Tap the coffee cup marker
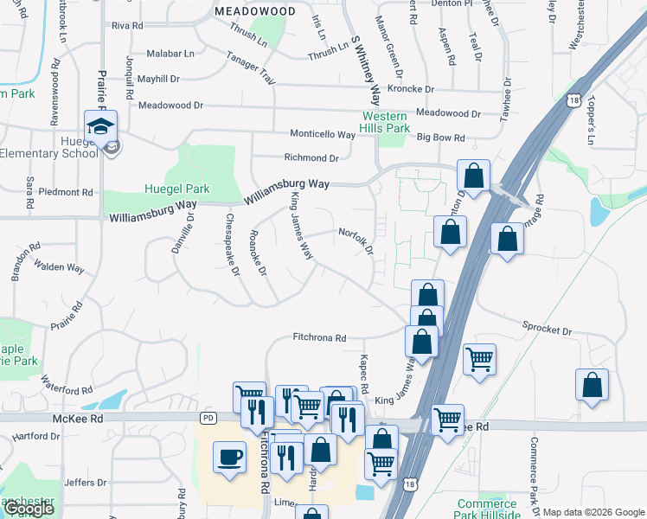(x=229, y=455)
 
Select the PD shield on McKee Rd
(x=208, y=418)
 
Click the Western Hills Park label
(x=385, y=122)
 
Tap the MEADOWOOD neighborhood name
(x=254, y=11)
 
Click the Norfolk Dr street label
(x=356, y=240)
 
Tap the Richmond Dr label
(x=311, y=158)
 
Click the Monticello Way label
(x=322, y=136)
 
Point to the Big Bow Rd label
(x=440, y=138)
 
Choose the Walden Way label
(x=61, y=268)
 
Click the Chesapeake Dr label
(x=232, y=245)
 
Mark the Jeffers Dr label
(x=85, y=482)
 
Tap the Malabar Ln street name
(x=170, y=54)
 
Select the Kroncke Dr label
(x=411, y=89)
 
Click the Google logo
(x=29, y=509)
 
